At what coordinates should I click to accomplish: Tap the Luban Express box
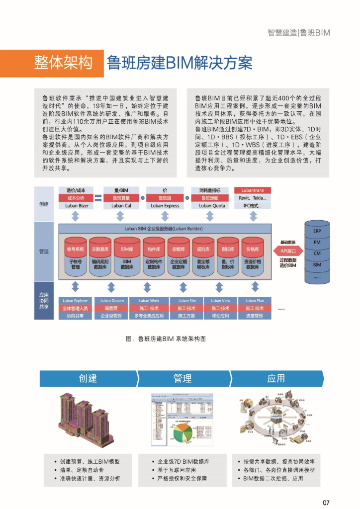(x=165, y=205)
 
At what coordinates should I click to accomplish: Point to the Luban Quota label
(x=212, y=205)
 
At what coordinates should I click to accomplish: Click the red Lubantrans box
(x=252, y=190)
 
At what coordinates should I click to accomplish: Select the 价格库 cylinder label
(x=252, y=249)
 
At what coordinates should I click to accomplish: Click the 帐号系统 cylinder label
(x=76, y=249)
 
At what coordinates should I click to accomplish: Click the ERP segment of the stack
(x=317, y=231)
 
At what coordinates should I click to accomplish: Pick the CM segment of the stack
(x=317, y=254)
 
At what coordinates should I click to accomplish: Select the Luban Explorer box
(x=75, y=301)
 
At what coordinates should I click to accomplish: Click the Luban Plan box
(x=255, y=301)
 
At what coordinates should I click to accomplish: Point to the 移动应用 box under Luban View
(x=220, y=316)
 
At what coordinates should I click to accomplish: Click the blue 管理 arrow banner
(x=182, y=378)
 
